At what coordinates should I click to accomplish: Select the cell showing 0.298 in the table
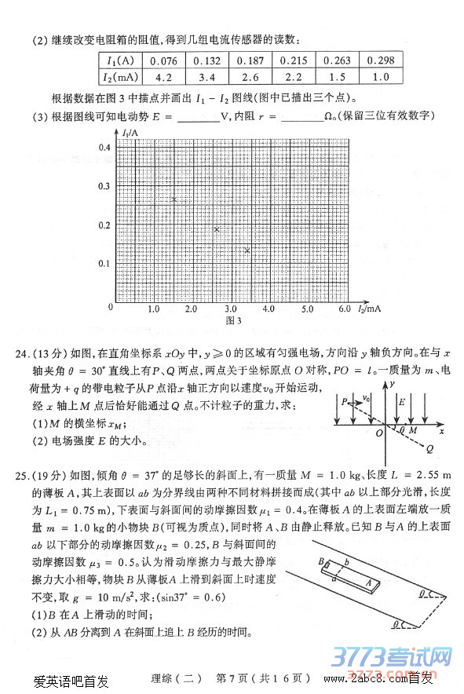(x=381, y=60)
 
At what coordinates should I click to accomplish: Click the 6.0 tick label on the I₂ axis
(x=345, y=309)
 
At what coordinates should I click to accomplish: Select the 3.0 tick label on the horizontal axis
(x=230, y=309)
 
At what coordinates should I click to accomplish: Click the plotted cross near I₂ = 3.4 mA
(x=247, y=250)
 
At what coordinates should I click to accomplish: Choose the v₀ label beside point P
(x=366, y=399)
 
